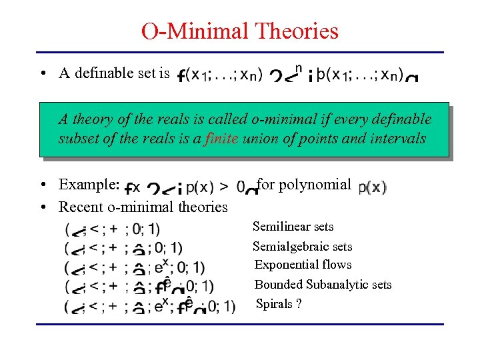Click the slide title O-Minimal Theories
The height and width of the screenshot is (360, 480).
tap(240, 31)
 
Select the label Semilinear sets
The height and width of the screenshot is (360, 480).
tap(293, 227)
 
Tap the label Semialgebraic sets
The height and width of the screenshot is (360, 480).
tap(302, 247)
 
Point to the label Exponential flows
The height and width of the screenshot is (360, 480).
tap(303, 265)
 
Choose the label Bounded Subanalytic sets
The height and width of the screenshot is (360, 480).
tap(323, 285)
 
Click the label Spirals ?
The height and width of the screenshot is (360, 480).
tap(274, 304)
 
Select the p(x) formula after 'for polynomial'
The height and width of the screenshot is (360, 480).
tap(372, 187)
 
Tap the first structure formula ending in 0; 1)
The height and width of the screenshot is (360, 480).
tap(113, 230)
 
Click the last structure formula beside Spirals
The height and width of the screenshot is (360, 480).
tap(150, 306)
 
